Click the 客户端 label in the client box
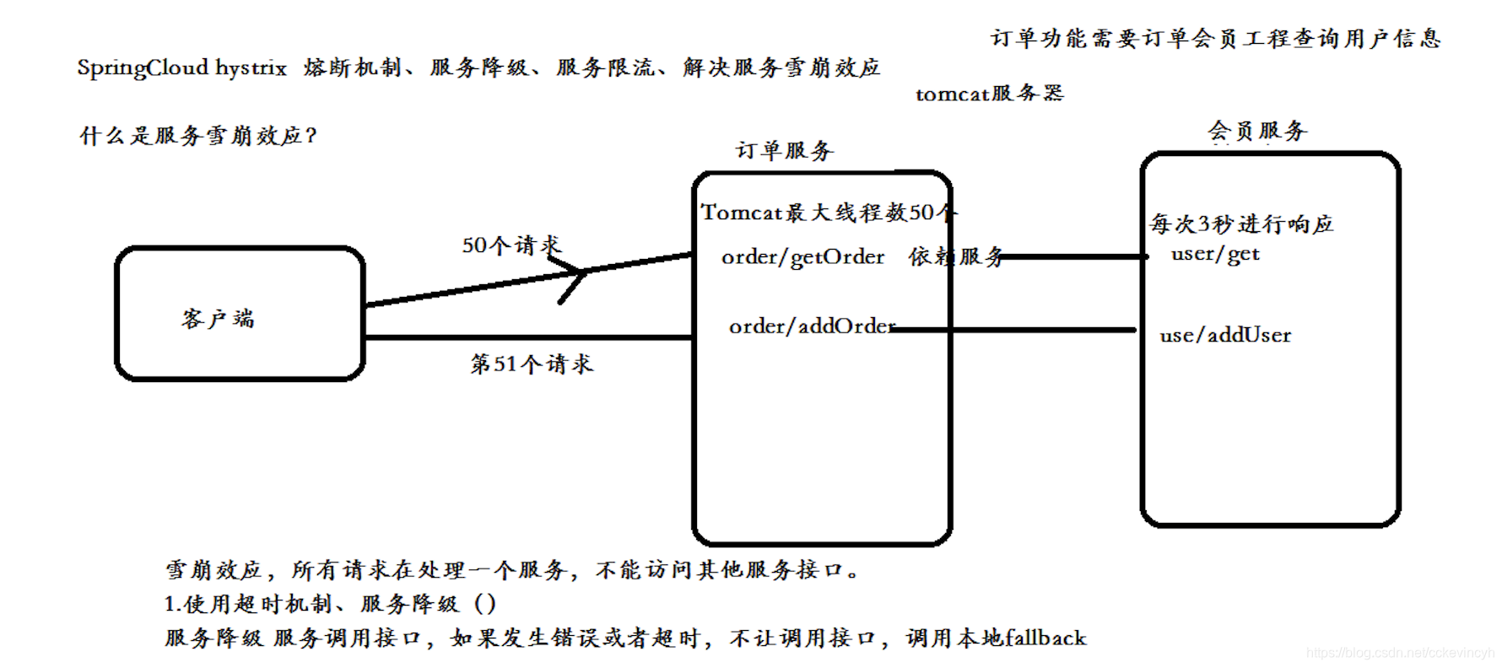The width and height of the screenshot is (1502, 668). tap(218, 318)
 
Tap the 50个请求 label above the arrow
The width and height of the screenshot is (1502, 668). tap(510, 245)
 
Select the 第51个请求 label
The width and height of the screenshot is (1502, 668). tap(532, 364)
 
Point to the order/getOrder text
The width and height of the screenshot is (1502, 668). tap(802, 257)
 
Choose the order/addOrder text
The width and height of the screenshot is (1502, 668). tap(811, 326)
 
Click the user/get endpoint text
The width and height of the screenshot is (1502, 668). tap(1215, 254)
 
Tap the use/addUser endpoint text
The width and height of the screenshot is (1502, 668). tap(1225, 336)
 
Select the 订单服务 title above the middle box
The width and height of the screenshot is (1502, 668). tap(784, 151)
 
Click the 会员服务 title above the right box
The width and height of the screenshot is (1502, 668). tap(1257, 132)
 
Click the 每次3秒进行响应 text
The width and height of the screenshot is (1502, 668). tap(1241, 224)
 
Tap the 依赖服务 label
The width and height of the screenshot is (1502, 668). tap(956, 256)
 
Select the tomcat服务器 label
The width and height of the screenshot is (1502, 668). tap(990, 94)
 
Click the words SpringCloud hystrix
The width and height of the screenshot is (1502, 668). tap(182, 67)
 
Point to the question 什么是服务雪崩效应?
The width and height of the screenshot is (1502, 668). tap(198, 136)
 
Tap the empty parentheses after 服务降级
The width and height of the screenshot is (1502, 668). tap(485, 604)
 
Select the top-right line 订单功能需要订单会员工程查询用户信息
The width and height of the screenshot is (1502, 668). tap(1215, 39)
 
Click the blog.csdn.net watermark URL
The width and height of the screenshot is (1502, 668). tap(1400, 653)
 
